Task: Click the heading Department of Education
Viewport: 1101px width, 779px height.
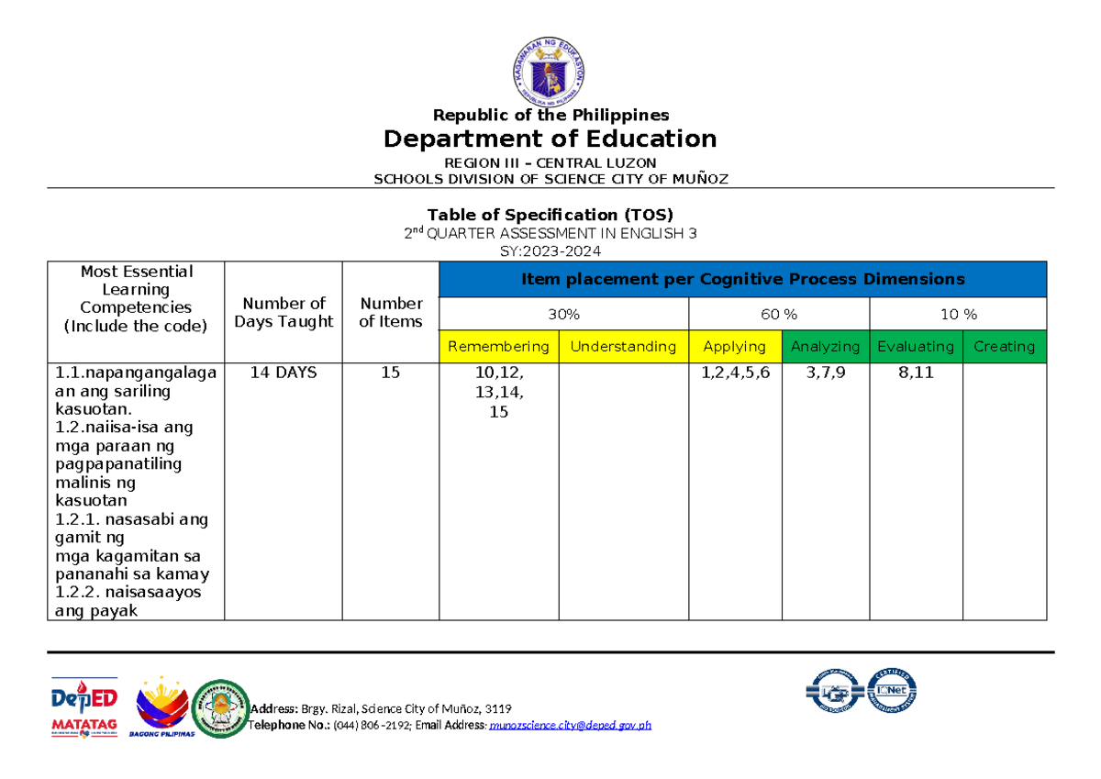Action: tap(550, 139)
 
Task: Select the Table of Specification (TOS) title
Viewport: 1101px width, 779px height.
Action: tap(550, 215)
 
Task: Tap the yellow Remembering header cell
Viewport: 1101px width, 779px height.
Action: tap(499, 346)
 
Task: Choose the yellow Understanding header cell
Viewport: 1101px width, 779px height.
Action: tap(624, 346)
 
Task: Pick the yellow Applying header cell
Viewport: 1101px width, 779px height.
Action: tap(734, 346)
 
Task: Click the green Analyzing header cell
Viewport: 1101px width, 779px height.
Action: tap(825, 346)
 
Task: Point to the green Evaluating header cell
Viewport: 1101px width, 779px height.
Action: tap(916, 346)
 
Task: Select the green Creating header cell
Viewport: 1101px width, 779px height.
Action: tap(1004, 346)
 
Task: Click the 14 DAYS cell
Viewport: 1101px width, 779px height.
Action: tap(284, 373)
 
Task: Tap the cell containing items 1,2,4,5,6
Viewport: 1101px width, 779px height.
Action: tap(734, 373)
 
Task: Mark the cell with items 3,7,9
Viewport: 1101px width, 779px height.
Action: tap(825, 373)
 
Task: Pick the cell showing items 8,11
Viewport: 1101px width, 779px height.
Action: tap(916, 373)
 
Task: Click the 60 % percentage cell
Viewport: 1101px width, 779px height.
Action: tap(779, 315)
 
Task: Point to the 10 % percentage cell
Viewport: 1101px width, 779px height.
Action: tap(959, 315)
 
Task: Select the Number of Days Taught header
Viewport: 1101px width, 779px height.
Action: tap(284, 312)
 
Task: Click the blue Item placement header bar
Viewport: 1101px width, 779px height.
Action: tap(742, 279)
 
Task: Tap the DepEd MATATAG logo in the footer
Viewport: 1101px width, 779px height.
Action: tap(83, 708)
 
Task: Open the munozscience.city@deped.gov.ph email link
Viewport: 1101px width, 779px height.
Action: tap(571, 725)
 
